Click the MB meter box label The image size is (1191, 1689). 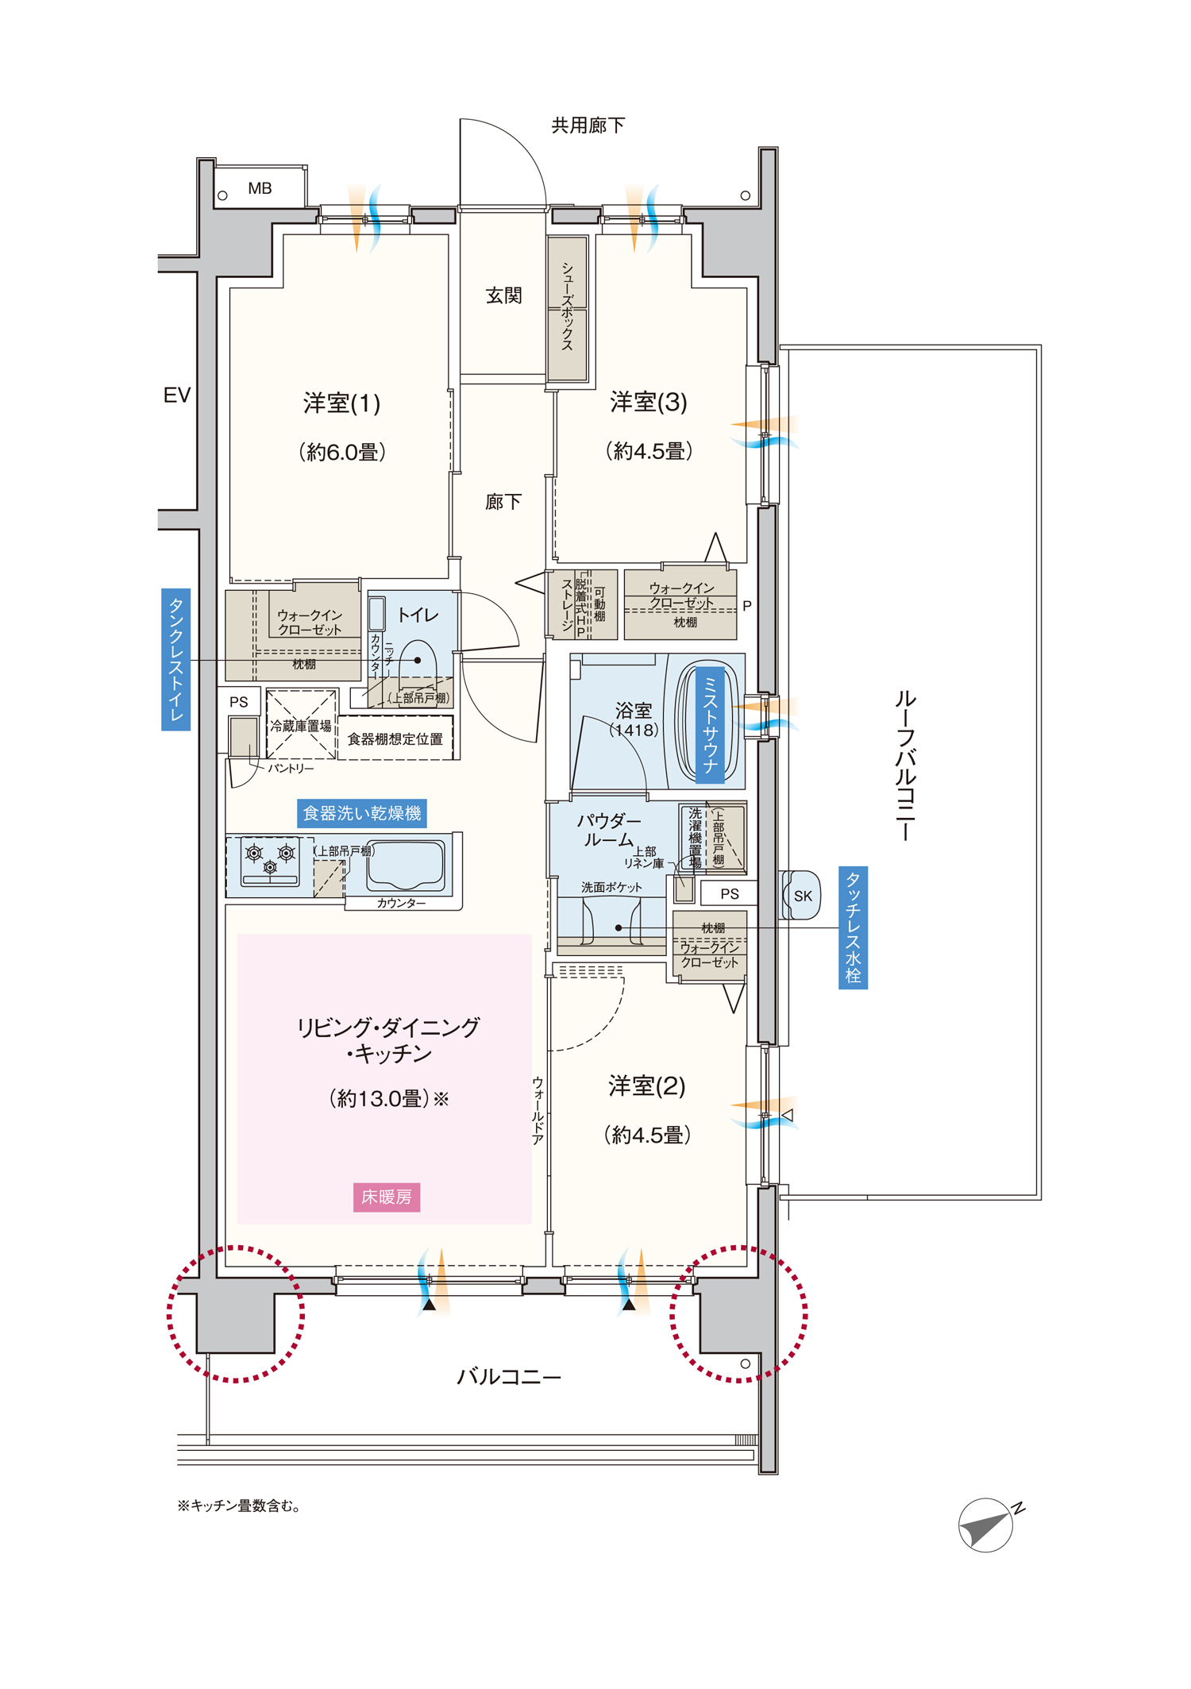[x=260, y=188]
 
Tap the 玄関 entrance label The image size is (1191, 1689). [x=503, y=295]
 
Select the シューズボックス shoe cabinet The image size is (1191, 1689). [x=568, y=308]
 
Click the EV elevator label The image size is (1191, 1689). [x=177, y=395]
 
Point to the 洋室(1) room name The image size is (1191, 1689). [x=342, y=403]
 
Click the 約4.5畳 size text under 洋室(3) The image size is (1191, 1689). [x=649, y=451]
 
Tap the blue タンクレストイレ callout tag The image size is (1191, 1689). [x=175, y=659]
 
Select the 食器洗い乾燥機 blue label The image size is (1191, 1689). [x=362, y=813]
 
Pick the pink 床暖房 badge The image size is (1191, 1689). [x=387, y=1197]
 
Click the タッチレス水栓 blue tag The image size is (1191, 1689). [x=853, y=927]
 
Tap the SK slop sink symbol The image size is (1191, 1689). [x=802, y=896]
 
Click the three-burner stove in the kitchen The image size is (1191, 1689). [x=270, y=862]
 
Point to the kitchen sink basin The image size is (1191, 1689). [x=405, y=866]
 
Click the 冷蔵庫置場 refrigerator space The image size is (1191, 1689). [x=301, y=725]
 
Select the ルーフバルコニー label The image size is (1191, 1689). [x=904, y=765]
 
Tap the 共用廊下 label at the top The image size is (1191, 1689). [x=588, y=125]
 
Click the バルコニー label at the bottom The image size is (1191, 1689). [x=509, y=1376]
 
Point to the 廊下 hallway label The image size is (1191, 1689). [x=503, y=502]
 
